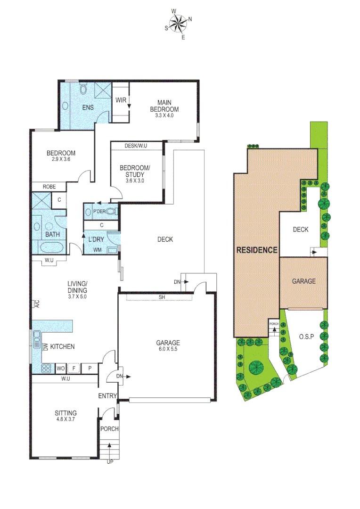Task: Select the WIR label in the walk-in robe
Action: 121,100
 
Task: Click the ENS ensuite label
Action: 88,107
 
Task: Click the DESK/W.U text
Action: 136,146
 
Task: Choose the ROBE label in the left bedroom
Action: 49,187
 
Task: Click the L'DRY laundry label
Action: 96,239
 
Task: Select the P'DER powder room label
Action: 99,212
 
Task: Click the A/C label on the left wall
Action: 36,304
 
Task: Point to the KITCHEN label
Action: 63,347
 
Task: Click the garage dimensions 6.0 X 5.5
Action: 168,350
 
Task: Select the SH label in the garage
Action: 162,297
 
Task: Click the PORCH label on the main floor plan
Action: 109,429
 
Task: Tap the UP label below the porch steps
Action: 110,461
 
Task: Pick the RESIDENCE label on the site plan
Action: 257,250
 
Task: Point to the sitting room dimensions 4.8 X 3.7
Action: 65,420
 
